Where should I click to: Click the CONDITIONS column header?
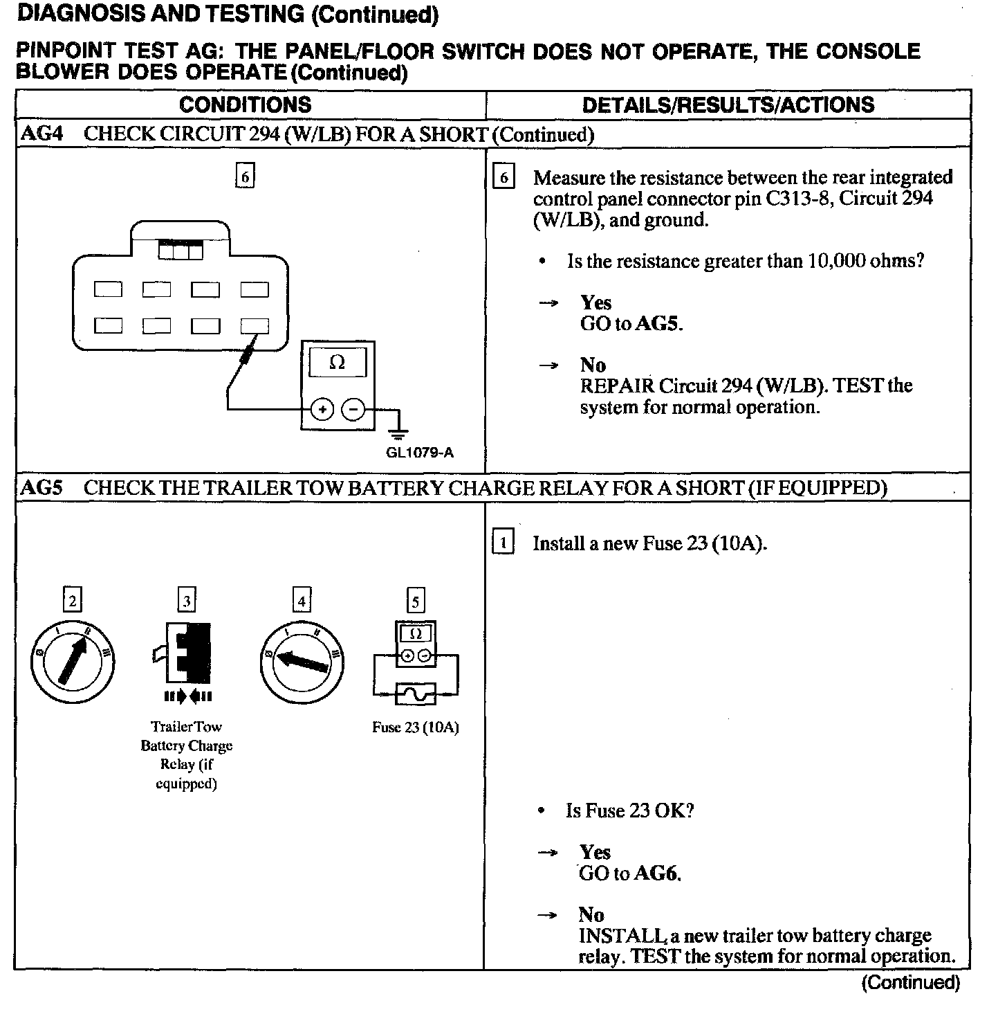(x=245, y=105)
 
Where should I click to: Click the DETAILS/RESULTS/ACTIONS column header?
(x=728, y=105)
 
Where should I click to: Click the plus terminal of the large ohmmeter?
(x=322, y=410)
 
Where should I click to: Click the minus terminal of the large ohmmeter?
(x=353, y=410)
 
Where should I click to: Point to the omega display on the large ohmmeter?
(x=338, y=362)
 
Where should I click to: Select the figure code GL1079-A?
(x=420, y=453)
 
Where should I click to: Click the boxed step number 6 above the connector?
(x=245, y=176)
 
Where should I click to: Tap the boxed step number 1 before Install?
(x=503, y=543)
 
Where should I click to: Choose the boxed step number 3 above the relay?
(x=186, y=600)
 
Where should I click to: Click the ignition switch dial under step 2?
(x=72, y=661)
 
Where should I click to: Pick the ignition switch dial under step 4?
(x=302, y=661)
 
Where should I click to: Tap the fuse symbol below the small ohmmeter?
(x=415, y=693)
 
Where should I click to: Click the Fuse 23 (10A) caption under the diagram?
(x=415, y=727)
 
